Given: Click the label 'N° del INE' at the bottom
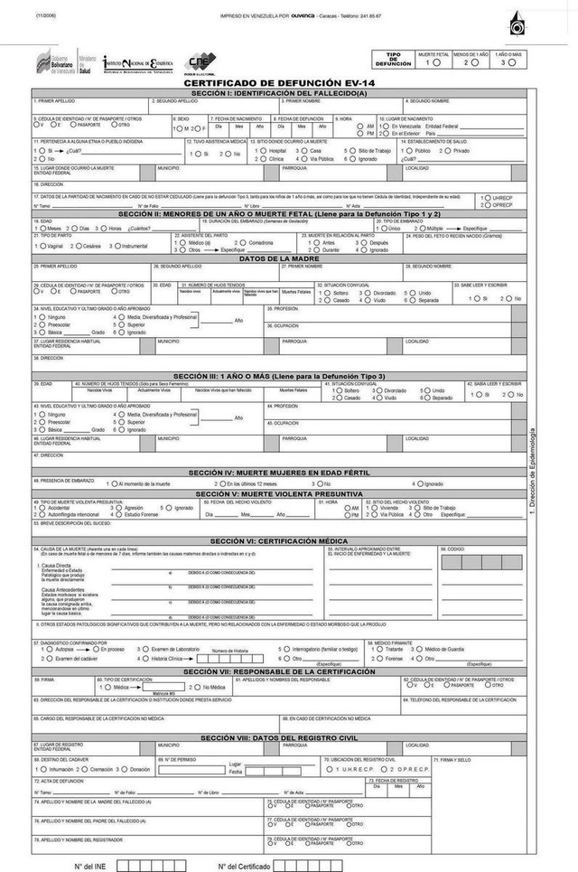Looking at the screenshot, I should click(90, 865).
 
